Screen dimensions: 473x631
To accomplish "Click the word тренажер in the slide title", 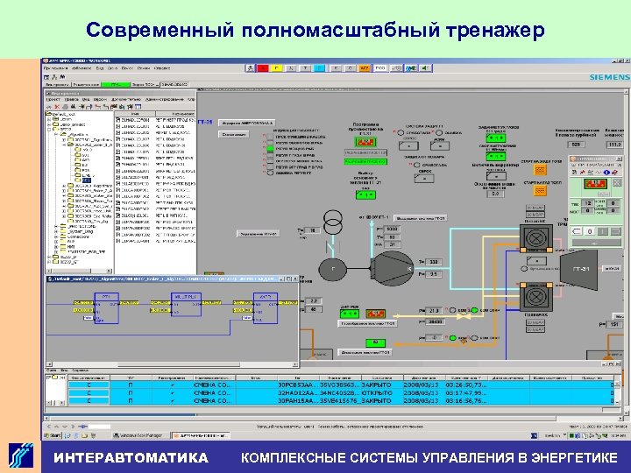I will pos(493,31).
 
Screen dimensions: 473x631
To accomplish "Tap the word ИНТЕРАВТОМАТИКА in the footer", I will pos(131,457).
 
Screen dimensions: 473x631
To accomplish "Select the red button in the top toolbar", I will pos(259,67).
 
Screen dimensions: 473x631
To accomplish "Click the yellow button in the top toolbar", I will pos(277,67).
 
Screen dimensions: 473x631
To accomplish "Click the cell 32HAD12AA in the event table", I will pos(299,392).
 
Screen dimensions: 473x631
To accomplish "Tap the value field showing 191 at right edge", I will pos(613,324).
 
